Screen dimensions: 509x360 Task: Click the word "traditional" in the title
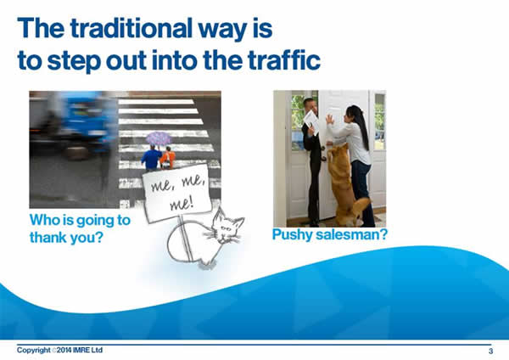[131, 29]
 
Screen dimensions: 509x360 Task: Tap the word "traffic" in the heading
[284, 59]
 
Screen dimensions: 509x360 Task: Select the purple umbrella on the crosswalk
[159, 138]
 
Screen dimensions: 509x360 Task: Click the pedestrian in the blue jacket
[151, 157]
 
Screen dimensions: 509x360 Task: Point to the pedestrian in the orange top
[168, 158]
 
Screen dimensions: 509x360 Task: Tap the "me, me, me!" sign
[178, 193]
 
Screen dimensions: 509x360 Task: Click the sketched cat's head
[227, 226]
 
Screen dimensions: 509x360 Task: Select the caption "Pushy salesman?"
[330, 234]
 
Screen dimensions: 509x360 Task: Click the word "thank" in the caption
[48, 237]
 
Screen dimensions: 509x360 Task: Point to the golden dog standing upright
[346, 186]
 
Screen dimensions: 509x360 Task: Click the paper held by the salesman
[312, 122]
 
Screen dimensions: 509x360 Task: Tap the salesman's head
[310, 105]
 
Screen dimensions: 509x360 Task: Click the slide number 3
[491, 351]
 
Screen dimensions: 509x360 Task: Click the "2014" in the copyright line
[64, 351]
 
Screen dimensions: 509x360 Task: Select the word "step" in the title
[74, 60]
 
